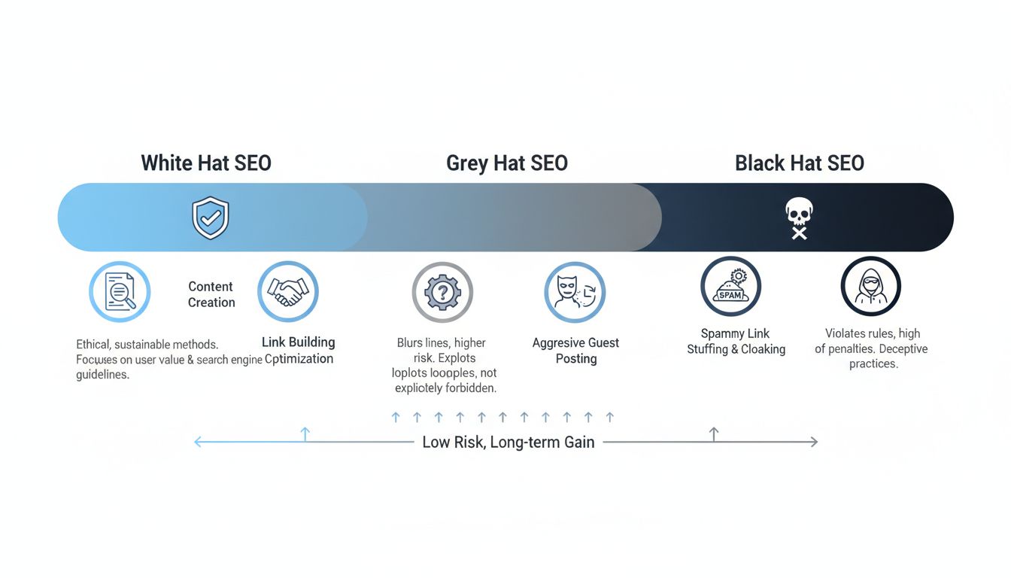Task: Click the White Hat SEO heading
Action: point(206,163)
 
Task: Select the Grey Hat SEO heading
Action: point(506,163)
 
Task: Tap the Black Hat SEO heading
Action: point(799,163)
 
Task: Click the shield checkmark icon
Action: point(211,218)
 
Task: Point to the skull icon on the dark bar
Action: point(798,219)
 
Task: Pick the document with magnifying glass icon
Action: point(120,292)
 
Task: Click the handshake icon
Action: point(288,292)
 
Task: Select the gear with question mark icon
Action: point(442,292)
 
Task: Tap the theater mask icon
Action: point(575,292)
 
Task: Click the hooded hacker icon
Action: point(870,287)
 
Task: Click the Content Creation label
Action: point(211,294)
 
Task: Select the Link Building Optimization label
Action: point(298,351)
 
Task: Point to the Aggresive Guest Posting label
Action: point(575,351)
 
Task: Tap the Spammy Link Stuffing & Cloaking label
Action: point(736,341)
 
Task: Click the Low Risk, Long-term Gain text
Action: point(508,443)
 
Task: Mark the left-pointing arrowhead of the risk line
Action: point(198,443)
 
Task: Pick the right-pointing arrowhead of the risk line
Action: point(814,443)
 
